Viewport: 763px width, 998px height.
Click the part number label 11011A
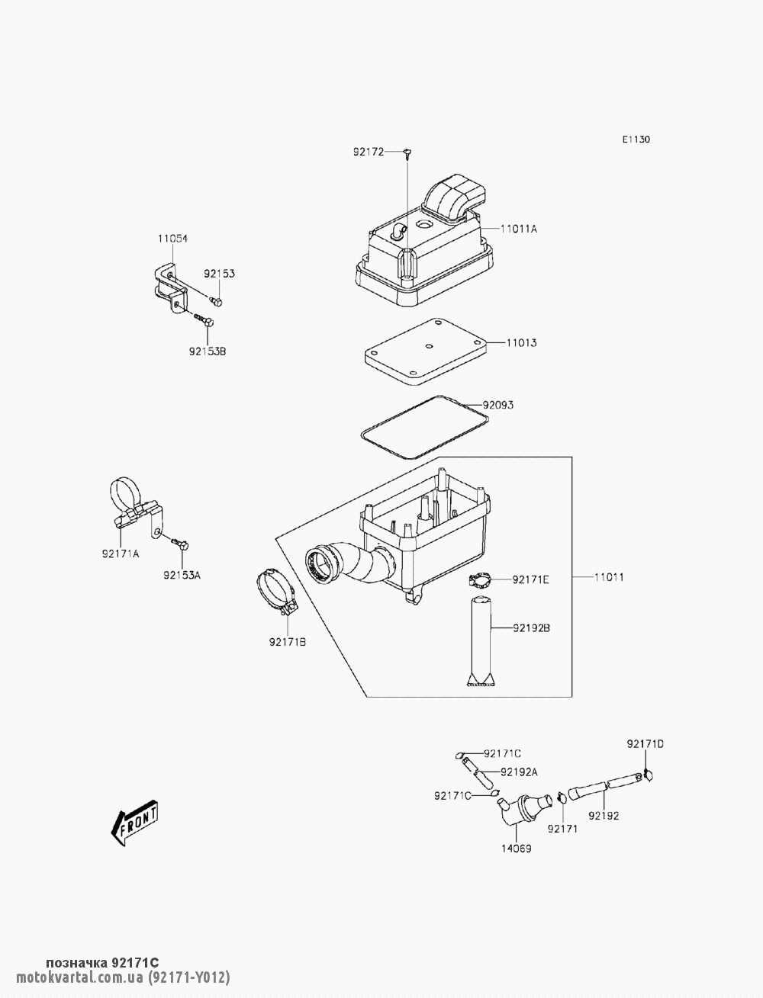coord(519,229)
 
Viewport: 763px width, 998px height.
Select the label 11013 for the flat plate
coord(522,343)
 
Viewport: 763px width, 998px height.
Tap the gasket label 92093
coord(497,405)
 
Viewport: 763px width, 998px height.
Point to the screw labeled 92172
coord(409,154)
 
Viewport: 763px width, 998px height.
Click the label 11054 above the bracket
coord(172,239)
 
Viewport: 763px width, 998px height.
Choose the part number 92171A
coord(121,554)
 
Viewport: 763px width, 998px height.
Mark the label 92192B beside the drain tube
coord(531,628)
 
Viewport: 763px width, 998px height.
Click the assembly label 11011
coord(610,577)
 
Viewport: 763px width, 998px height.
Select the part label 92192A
coord(520,772)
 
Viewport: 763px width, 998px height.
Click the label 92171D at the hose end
coord(645,743)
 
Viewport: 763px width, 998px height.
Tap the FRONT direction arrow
coord(134,823)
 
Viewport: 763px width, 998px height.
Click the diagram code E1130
coord(636,140)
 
